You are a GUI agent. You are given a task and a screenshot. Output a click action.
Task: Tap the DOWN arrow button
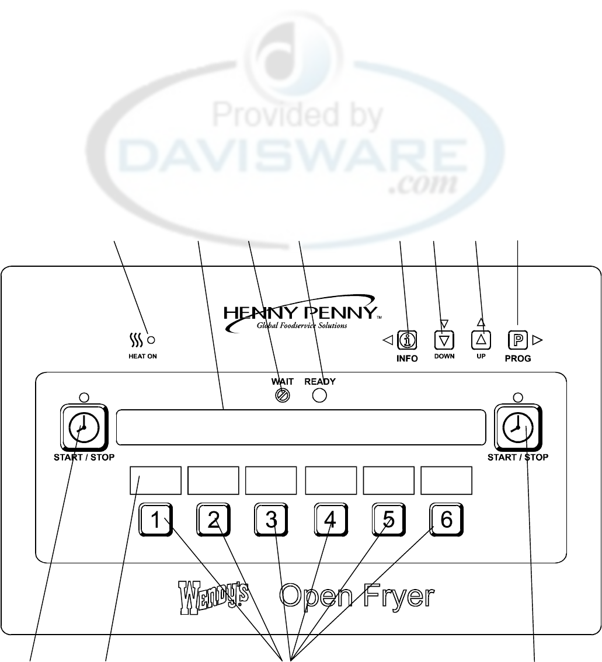443,340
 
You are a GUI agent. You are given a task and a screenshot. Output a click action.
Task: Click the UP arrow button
481,339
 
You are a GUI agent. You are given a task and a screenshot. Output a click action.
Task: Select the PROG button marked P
518,339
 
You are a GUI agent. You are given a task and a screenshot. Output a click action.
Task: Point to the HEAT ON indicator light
151,340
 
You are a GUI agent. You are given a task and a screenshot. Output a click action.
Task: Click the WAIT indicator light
282,395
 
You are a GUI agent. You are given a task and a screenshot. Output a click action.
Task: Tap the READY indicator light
319,395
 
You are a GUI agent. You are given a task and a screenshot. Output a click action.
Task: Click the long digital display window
301,427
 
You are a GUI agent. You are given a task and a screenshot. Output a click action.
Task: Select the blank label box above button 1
155,480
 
